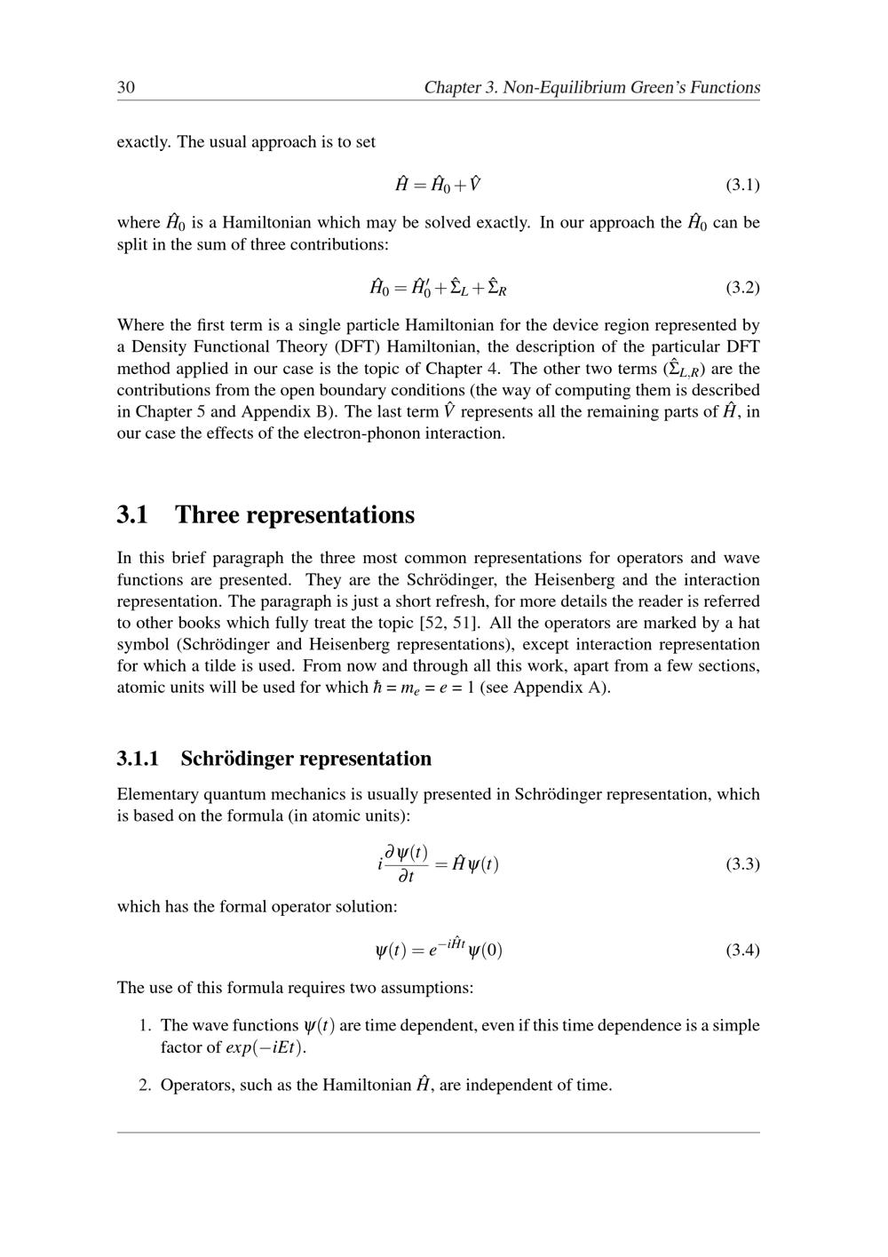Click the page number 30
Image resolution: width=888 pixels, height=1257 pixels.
tap(125, 87)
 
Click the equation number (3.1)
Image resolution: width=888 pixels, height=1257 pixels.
tap(742, 185)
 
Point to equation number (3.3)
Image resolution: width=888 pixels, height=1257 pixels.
tap(742, 863)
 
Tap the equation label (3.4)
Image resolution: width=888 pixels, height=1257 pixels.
tap(742, 950)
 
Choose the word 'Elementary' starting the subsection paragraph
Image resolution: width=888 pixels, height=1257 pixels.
tap(156, 794)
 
